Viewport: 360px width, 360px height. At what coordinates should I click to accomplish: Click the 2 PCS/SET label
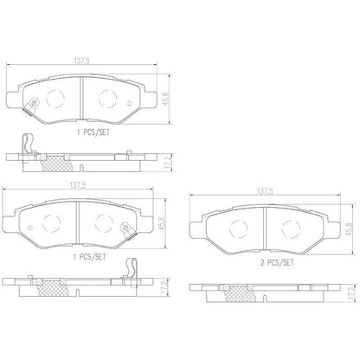pyautogui.click(x=277, y=263)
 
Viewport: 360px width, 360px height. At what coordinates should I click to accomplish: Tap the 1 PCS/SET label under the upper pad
pyautogui.click(x=93, y=132)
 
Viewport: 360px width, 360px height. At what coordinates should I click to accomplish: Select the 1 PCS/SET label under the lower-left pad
pyautogui.click(x=89, y=257)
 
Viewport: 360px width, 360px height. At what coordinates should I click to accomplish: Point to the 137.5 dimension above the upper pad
pyautogui.click(x=82, y=61)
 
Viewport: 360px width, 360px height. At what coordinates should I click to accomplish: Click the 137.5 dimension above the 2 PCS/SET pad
pyautogui.click(x=265, y=191)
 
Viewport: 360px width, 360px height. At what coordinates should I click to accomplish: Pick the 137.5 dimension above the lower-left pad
pyautogui.click(x=78, y=185)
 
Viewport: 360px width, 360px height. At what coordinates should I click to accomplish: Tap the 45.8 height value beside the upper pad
pyautogui.click(x=166, y=99)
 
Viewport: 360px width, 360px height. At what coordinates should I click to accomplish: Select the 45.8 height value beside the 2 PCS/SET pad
pyautogui.click(x=350, y=229)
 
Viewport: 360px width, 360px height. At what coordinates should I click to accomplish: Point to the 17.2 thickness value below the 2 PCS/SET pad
pyautogui.click(x=351, y=293)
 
